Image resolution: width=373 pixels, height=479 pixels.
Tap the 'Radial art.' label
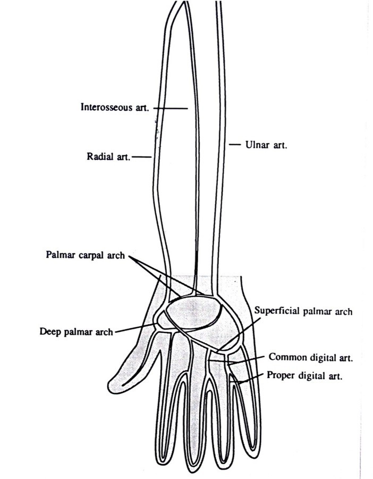tap(107, 157)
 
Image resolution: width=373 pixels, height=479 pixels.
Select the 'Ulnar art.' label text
tap(265, 144)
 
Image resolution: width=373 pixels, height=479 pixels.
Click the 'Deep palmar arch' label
tap(76, 332)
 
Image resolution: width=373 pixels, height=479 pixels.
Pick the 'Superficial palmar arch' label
tap(303, 311)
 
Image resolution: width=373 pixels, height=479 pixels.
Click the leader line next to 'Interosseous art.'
tap(171, 108)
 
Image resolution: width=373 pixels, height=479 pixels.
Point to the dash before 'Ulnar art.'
tap(234, 144)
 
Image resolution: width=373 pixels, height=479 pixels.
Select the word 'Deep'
tap(49, 332)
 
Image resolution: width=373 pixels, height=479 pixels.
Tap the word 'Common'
tap(284, 357)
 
